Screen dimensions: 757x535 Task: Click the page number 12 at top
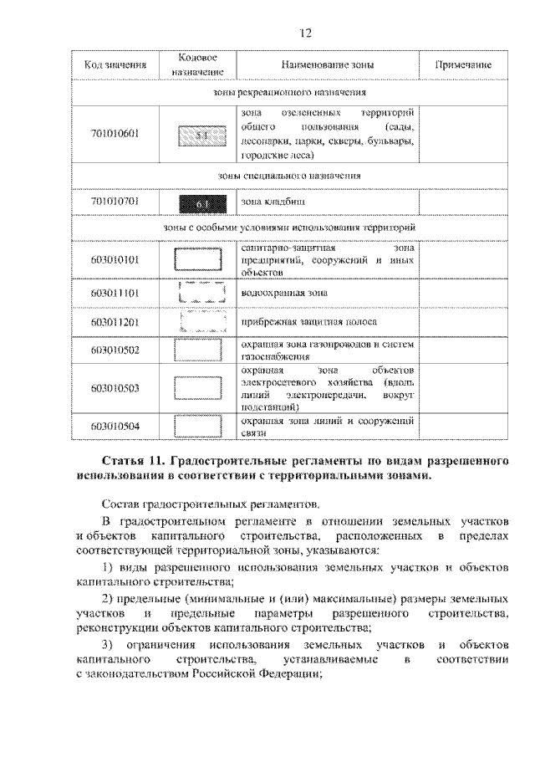305,33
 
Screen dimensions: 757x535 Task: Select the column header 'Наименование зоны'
328,65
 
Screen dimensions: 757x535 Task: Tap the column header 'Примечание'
463,65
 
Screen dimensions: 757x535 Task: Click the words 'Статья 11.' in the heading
133,461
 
